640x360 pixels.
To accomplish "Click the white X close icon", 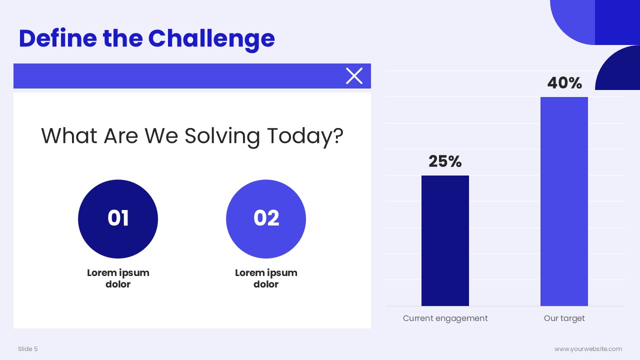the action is (354, 76).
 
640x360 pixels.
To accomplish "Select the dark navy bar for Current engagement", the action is (445, 240).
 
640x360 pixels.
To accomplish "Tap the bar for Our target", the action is (564, 201).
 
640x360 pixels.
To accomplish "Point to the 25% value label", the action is (445, 161).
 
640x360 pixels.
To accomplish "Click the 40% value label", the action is (564, 83).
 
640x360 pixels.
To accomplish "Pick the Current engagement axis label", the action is (445, 318).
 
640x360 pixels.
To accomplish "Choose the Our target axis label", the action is (564, 318).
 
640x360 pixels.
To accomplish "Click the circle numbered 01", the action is (118, 219).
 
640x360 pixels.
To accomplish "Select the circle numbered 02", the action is (266, 219).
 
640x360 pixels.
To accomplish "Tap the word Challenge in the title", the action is (211, 39).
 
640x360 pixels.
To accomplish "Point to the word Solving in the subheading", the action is (222, 136).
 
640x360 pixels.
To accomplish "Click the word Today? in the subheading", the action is (305, 136).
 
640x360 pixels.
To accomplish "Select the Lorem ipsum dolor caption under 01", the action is (118, 278).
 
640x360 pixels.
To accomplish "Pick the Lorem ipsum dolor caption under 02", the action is (266, 278).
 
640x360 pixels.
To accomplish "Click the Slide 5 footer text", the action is (27, 349).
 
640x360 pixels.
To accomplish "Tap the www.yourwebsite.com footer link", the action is (588, 349).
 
